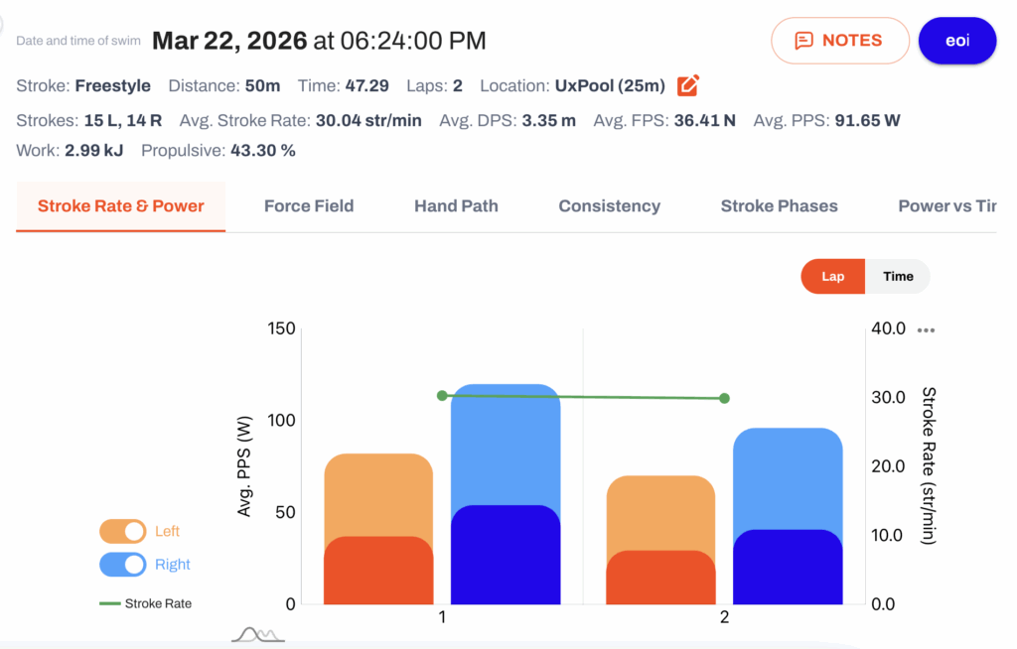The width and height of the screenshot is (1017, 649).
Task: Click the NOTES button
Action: [x=839, y=41]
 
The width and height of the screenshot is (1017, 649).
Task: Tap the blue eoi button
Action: [x=956, y=41]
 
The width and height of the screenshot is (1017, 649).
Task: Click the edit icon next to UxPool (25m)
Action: [x=687, y=85]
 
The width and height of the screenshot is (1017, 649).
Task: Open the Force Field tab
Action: [x=309, y=206]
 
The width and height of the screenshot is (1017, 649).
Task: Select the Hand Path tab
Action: [x=456, y=206]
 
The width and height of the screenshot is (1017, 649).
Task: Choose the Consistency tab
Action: [x=609, y=206]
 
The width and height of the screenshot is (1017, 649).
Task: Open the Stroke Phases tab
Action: [x=779, y=206]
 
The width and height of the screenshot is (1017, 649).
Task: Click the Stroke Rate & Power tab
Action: [x=121, y=206]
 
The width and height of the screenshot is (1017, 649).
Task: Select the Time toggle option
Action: [x=898, y=276]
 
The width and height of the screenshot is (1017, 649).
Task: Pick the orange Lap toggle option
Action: [x=833, y=276]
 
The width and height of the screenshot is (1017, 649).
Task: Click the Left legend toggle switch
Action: [x=122, y=532]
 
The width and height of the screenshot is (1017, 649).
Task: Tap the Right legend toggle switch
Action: [x=122, y=565]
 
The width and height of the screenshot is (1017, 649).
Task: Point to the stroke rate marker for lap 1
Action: [x=442, y=395]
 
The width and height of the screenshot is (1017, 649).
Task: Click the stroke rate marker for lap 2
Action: [x=724, y=398]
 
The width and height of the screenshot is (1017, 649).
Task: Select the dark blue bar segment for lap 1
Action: [x=506, y=555]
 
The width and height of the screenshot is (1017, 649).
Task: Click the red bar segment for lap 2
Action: [x=660, y=578]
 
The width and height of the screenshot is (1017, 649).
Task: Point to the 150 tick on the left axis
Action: [x=282, y=328]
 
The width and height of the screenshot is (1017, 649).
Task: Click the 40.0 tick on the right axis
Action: [x=888, y=328]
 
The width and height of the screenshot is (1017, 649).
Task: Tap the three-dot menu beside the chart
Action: [x=927, y=330]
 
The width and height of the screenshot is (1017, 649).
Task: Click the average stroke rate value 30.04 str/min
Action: [x=368, y=120]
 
